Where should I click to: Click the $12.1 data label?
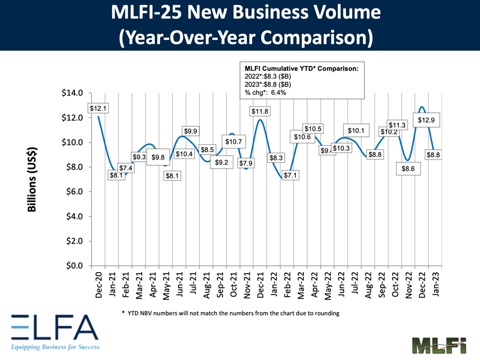[98, 108]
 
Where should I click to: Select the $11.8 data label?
[260, 112]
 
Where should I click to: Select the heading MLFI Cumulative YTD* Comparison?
[302, 69]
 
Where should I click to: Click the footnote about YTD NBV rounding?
[231, 313]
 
